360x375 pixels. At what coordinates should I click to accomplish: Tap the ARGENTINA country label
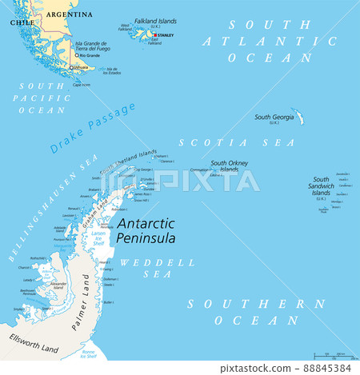click(x=69, y=14)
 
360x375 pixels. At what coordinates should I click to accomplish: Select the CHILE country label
click(x=22, y=23)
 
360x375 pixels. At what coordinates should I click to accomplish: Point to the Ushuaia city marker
click(x=70, y=67)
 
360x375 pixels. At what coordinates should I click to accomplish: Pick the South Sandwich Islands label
click(x=321, y=186)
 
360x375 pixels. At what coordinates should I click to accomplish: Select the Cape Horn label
click(x=82, y=84)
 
